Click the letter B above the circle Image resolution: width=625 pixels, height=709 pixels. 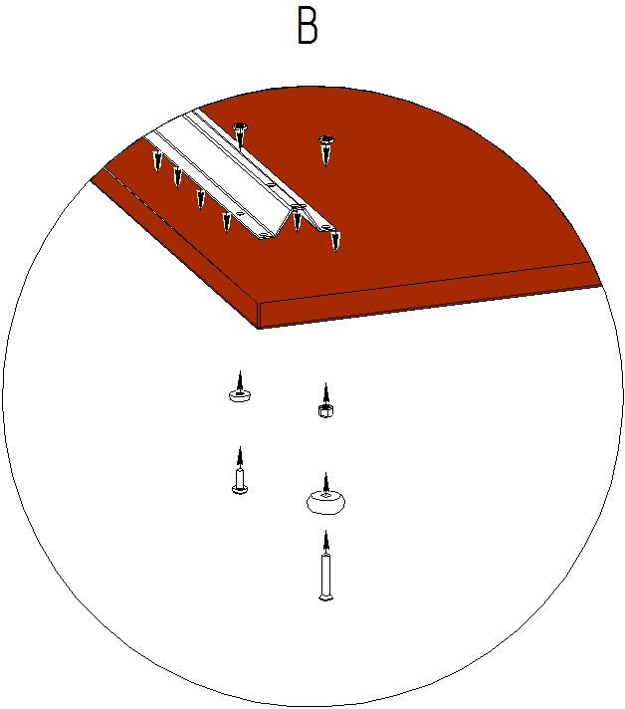tap(308, 26)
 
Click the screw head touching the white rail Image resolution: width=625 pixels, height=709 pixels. tap(240, 126)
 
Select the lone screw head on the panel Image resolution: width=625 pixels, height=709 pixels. tap(325, 140)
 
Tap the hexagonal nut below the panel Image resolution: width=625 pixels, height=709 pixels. tap(325, 411)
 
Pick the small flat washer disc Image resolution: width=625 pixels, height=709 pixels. tap(240, 396)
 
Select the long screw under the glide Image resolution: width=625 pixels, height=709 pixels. tap(325, 578)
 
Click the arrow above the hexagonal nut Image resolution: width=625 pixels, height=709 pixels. tap(325, 394)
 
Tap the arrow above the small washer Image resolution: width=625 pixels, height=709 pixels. tap(240, 382)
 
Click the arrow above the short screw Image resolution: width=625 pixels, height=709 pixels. tap(240, 458)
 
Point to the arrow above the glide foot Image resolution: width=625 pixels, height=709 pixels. tap(325, 484)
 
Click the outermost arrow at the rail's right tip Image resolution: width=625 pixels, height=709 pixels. tap(334, 240)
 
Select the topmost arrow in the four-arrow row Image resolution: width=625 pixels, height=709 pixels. tap(157, 161)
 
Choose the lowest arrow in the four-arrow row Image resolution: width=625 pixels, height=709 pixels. tap(226, 223)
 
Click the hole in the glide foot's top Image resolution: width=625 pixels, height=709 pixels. tap(325, 496)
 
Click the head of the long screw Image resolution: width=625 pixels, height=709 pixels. tap(325, 597)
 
